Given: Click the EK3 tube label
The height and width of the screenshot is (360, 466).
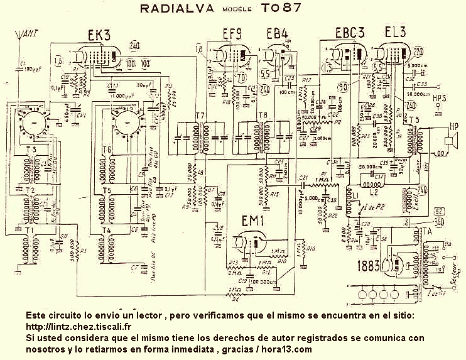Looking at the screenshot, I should [100, 35].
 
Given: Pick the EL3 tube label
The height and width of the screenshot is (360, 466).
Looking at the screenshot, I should [396, 33].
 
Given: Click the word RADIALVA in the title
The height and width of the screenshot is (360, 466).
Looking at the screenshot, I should [178, 9].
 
